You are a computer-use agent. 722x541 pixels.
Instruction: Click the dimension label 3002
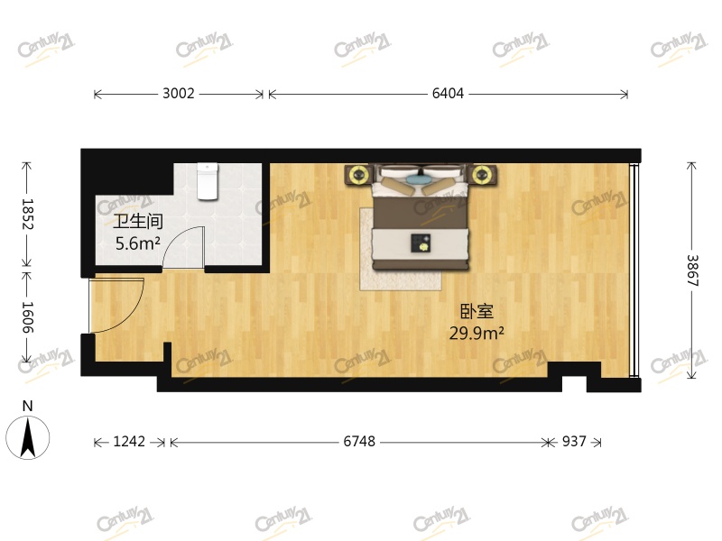179,94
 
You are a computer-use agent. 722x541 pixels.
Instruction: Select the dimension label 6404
448,94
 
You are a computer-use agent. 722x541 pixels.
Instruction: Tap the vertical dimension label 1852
27,214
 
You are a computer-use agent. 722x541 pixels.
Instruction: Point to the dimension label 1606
27,317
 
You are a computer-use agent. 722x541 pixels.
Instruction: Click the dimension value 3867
692,270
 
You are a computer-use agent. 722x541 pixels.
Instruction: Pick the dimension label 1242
129,442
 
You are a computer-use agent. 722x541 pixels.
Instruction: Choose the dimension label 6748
359,442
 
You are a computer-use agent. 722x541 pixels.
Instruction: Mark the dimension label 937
574,442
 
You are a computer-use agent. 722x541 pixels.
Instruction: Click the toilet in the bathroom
208,181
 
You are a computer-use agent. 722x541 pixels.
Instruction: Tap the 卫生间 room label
138,221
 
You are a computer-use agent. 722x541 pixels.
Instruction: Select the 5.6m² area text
138,243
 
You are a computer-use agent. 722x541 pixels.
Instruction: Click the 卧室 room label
477,311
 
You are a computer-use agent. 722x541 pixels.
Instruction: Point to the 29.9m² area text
477,333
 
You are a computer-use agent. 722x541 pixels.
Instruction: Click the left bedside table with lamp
358,175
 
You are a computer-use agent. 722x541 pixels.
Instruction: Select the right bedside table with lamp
482,175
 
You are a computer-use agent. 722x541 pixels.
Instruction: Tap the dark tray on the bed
421,243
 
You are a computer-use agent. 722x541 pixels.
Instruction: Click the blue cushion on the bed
416,178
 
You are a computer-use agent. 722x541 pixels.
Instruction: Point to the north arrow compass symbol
28,437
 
